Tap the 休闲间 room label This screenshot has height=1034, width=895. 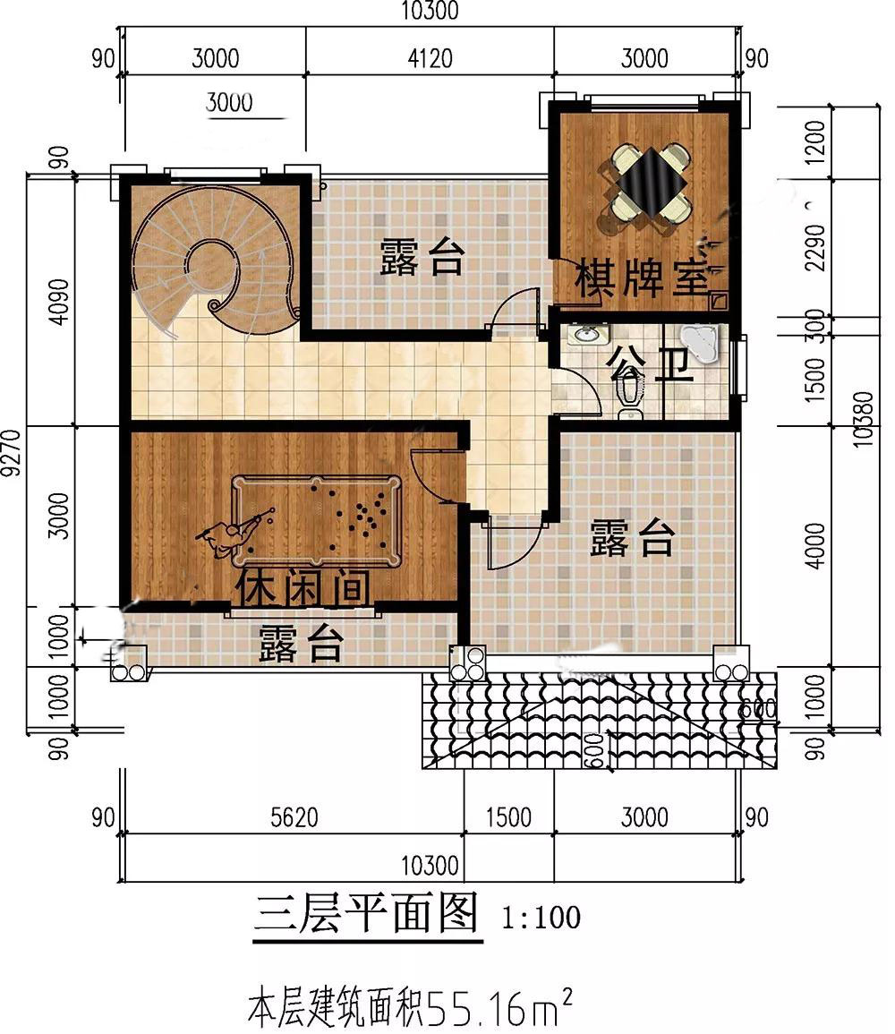[x=303, y=587]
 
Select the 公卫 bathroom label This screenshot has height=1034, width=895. [x=649, y=363]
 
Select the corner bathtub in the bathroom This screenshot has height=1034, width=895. [x=701, y=343]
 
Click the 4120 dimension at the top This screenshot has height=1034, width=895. [x=430, y=59]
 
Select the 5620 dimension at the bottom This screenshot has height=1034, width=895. [x=294, y=817]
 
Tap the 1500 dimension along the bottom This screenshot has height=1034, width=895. [x=508, y=817]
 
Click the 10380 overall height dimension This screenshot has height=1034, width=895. [x=863, y=419]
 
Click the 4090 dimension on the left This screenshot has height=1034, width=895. [x=59, y=302]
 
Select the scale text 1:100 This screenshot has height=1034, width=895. [x=541, y=918]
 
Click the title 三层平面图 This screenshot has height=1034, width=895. [x=366, y=913]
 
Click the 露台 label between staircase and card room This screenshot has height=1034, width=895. [x=422, y=257]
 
